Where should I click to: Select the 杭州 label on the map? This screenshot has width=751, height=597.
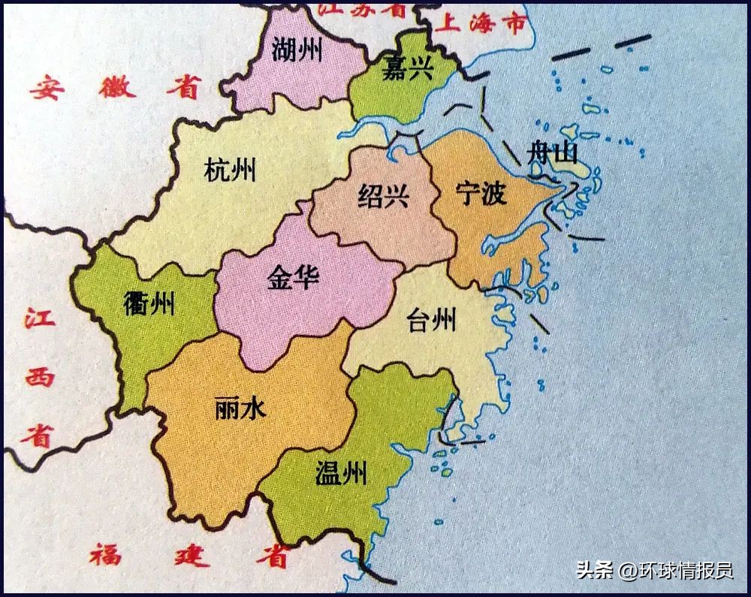[230, 170]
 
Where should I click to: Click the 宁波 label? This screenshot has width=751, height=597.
[481, 194]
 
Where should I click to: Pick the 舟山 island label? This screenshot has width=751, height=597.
[554, 155]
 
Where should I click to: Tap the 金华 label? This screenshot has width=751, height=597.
[293, 278]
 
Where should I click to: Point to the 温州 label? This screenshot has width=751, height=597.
[341, 474]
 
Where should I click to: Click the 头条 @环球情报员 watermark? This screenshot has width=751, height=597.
[654, 570]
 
